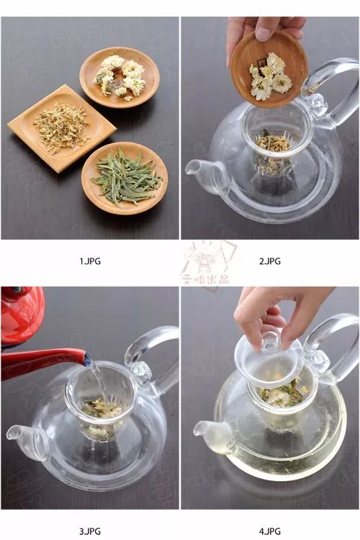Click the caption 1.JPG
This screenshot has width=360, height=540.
90,261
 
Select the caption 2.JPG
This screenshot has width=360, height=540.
270,261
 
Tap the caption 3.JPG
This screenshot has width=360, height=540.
90,531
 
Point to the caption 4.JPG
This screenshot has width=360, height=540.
270,531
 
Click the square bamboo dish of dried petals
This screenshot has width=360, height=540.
60,127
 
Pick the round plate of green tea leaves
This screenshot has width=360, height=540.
124,177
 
